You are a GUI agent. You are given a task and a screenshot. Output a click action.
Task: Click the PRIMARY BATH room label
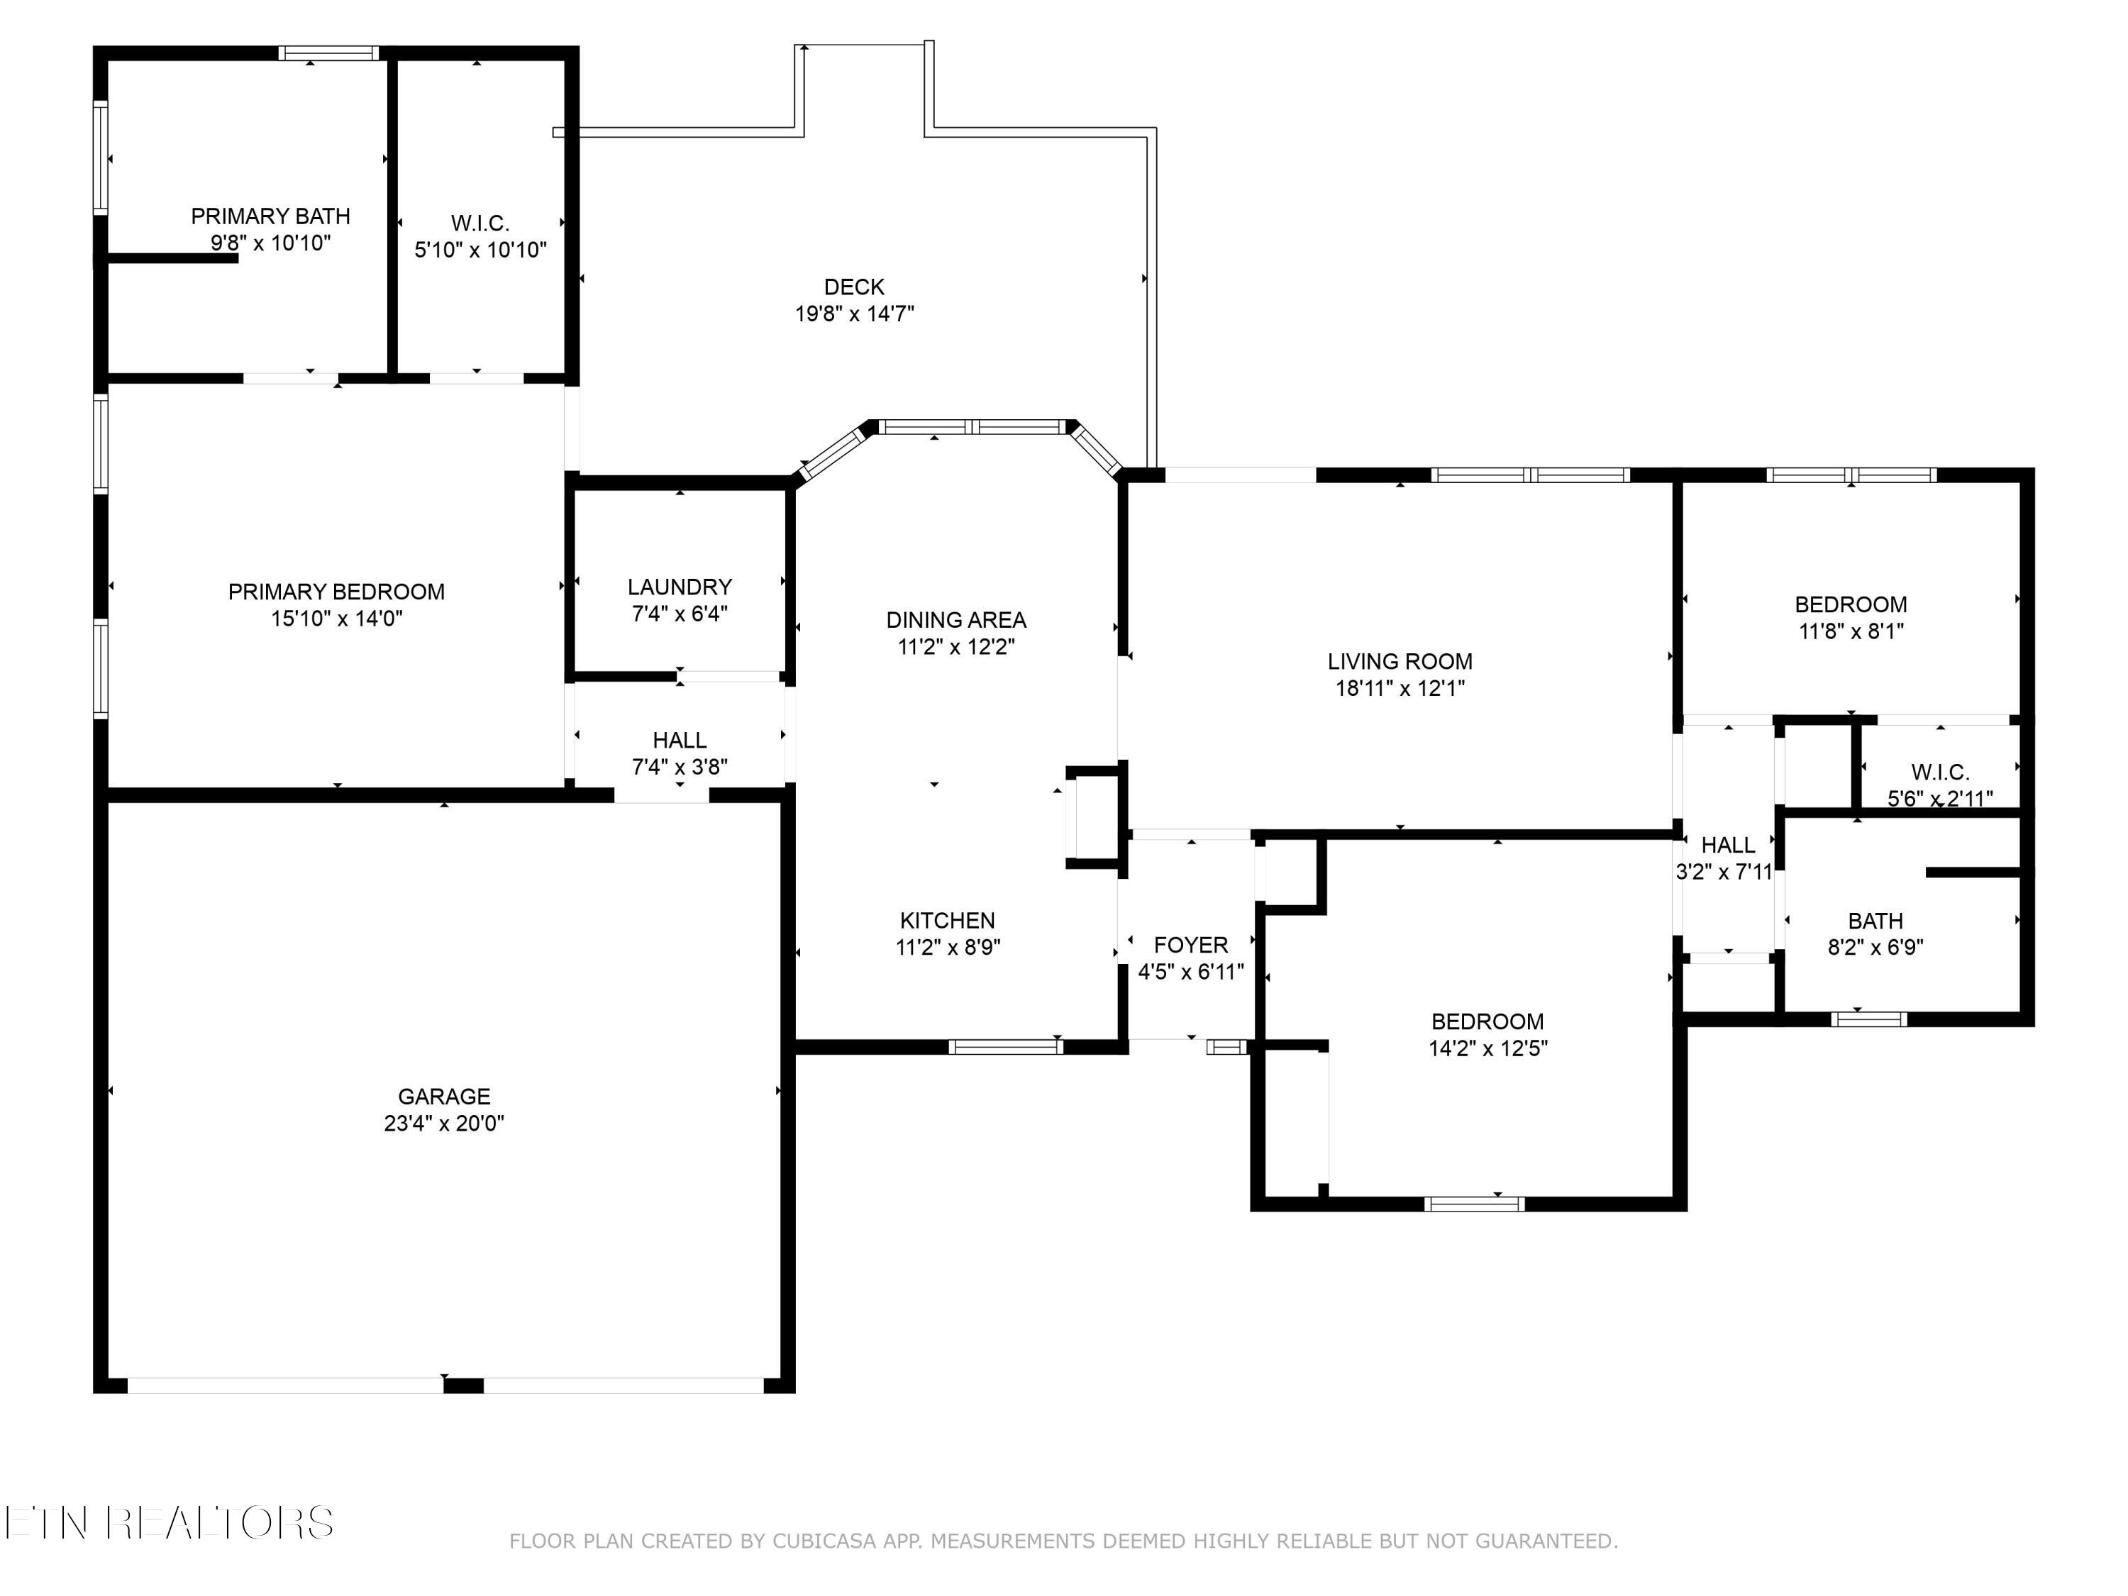[x=270, y=216]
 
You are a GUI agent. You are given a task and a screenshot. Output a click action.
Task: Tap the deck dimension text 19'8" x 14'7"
[x=854, y=314]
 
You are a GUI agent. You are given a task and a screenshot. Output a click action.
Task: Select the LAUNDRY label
[x=680, y=587]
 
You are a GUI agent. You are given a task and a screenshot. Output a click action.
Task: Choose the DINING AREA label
[x=956, y=621]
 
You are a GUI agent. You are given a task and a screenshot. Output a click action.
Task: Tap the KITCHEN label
[x=948, y=921]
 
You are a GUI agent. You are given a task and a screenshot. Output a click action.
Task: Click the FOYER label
[x=1191, y=946]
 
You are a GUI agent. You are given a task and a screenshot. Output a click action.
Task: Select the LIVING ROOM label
[x=1400, y=662]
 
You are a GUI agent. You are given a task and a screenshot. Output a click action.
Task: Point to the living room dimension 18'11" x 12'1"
[x=1400, y=689]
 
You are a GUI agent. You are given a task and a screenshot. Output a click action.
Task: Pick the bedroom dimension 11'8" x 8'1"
[x=1851, y=632]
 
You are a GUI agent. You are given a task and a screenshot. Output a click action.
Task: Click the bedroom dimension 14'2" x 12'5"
[x=1488, y=1048]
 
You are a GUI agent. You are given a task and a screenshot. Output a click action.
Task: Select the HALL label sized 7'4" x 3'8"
[x=680, y=741]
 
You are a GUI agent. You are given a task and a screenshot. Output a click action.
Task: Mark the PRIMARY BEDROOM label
[x=337, y=592]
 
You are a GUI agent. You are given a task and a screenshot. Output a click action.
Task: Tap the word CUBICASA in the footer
[x=824, y=1541]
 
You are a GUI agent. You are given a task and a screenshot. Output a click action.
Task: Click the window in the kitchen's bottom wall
[x=1005, y=1048]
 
